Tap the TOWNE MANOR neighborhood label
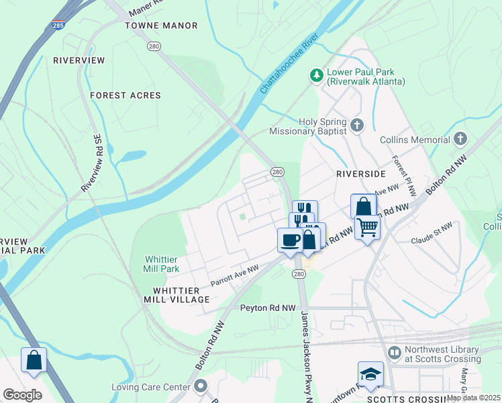click(162, 26)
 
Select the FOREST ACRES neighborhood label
click(125, 95)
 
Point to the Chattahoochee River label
click(289, 67)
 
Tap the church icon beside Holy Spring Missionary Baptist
click(357, 124)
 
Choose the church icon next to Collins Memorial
click(460, 140)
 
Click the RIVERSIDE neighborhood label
click(361, 173)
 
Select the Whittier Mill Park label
click(161, 264)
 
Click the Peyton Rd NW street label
click(268, 308)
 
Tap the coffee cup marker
click(290, 239)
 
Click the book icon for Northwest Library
click(394, 352)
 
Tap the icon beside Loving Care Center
click(201, 386)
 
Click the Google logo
click(22, 394)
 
